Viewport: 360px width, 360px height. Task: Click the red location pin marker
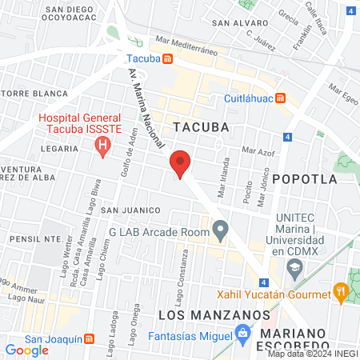coord(181,164)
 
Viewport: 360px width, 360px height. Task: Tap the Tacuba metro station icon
coord(167,58)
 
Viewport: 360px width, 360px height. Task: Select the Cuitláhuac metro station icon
coord(281,98)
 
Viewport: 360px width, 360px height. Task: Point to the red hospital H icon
coord(102,146)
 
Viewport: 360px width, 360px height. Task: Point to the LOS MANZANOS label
coord(214,315)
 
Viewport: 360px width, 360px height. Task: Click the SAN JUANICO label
coord(131,210)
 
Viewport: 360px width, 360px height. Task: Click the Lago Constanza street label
coord(185,277)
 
